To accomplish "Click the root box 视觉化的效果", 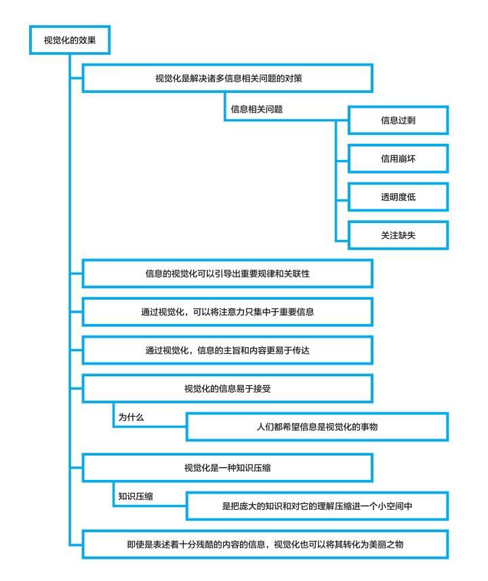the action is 70,40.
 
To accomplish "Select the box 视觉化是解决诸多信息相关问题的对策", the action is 228,78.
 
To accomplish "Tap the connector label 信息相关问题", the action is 257,109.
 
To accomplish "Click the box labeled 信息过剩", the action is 398,121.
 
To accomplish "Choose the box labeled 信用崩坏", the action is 398,159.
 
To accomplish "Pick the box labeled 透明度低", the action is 398,197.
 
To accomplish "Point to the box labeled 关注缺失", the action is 398,235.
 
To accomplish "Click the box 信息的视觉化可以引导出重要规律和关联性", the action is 228,273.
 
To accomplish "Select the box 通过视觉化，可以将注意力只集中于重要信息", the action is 228,312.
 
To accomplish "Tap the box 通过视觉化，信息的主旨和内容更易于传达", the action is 228,350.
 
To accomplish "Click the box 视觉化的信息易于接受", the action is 228,388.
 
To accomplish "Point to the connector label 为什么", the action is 131,417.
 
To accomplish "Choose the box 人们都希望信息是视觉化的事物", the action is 317,427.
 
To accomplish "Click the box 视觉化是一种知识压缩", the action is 228,468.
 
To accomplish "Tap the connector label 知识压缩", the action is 136,496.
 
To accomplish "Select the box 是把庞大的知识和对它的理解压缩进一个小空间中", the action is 317,506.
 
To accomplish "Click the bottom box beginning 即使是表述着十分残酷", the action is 265,544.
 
